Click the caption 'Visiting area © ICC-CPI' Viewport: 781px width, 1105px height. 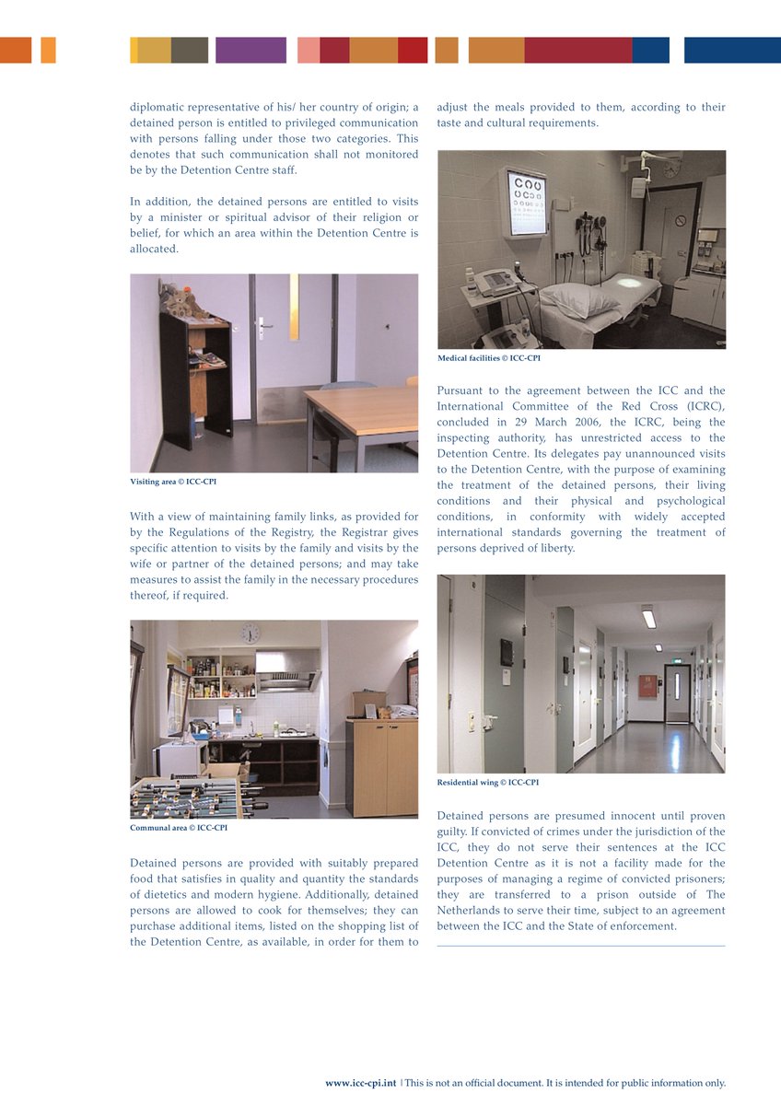click(173, 482)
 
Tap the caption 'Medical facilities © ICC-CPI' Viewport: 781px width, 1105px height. click(488, 358)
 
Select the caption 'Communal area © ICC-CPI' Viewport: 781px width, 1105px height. click(179, 828)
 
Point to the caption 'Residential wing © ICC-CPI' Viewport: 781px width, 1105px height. click(487, 783)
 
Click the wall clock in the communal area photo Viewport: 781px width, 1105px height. click(250, 634)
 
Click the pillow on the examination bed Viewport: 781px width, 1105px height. click(578, 299)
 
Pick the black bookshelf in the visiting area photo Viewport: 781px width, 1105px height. click(196, 378)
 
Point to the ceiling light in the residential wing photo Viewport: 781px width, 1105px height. click(649, 617)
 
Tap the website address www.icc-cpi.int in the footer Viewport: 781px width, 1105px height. click(360, 1084)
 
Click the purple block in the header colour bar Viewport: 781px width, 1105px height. click(251, 50)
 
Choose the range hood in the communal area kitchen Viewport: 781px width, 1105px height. click(287, 680)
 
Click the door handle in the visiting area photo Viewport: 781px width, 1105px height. click(265, 324)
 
